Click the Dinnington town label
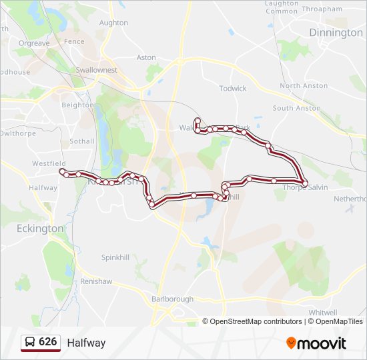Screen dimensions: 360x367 [336, 33]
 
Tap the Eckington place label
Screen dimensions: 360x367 [40, 228]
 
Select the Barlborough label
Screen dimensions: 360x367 [172, 299]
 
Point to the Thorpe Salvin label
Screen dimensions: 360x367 [306, 187]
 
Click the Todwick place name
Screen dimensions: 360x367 [233, 88]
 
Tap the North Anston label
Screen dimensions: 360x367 [304, 86]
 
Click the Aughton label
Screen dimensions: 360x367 [113, 23]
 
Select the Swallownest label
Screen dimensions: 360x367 [96, 70]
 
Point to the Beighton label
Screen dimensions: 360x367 [77, 105]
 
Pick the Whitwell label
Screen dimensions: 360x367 [323, 312]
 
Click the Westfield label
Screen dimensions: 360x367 [49, 163]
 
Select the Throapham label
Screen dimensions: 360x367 [322, 10]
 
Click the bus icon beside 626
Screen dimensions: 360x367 [30, 343]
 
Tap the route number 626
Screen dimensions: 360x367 [48, 342]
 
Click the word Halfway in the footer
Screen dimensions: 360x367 [86, 343]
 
